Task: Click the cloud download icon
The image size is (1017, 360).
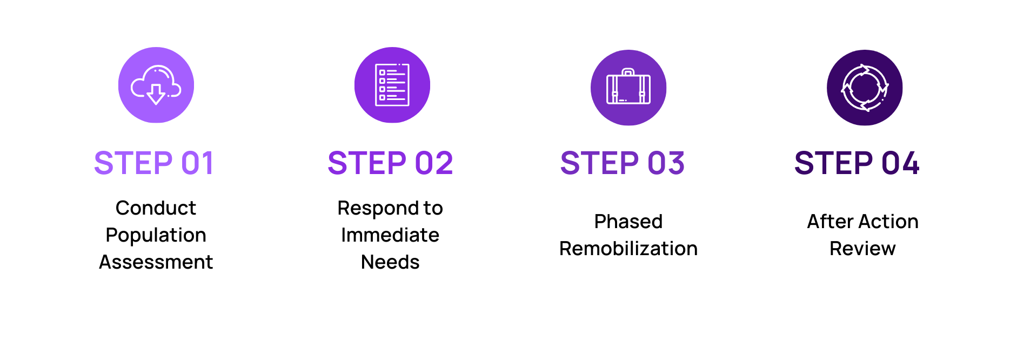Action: coord(156,85)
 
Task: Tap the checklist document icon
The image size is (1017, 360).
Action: coord(392,85)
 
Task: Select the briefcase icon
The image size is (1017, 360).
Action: coord(628,88)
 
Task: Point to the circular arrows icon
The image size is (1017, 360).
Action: coord(865,88)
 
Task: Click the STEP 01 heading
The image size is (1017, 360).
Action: coord(155,163)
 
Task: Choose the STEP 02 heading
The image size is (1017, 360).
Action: coord(390,163)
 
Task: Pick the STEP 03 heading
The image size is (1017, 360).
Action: coord(623,163)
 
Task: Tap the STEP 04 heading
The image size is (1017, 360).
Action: coord(857,163)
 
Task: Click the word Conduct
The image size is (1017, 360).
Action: coord(156,208)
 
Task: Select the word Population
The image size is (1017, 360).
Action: coord(156,235)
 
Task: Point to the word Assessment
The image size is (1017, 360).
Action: coord(156,262)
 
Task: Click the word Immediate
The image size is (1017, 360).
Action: coord(390,235)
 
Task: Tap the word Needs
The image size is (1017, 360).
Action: coord(390,262)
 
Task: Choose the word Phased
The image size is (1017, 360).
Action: coord(628,222)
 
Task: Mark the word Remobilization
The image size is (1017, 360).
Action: coord(628,249)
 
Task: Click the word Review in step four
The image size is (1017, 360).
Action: coord(862,249)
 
